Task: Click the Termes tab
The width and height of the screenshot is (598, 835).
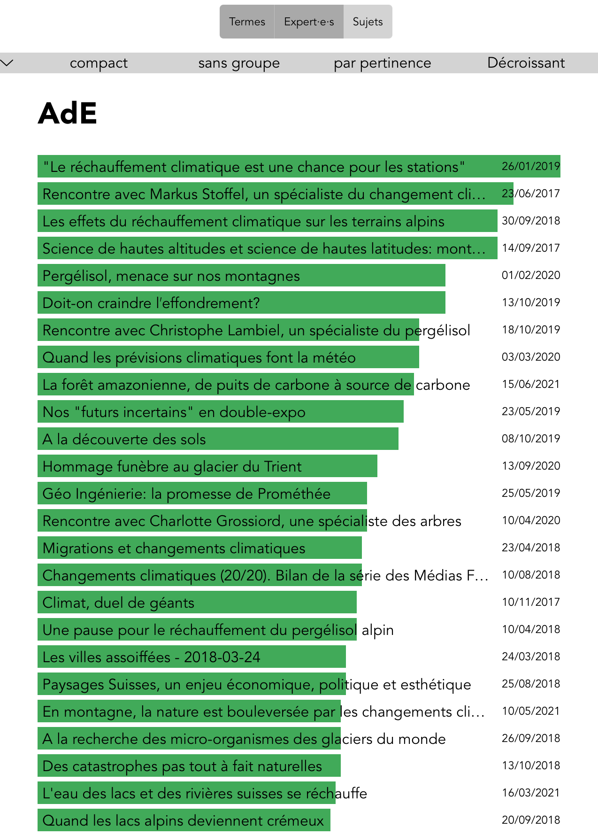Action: (x=247, y=22)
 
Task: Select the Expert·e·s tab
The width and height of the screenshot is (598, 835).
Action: (x=309, y=22)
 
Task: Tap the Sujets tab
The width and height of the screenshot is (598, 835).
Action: (x=368, y=22)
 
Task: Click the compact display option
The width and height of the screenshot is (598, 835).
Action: (x=99, y=63)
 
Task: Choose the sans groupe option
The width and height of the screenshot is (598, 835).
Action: (x=239, y=63)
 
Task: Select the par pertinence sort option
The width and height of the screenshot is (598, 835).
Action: (x=382, y=63)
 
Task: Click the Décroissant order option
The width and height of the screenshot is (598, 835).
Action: (x=526, y=63)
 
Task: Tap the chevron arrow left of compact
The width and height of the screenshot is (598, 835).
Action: (x=8, y=63)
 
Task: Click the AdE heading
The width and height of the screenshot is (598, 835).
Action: (x=68, y=113)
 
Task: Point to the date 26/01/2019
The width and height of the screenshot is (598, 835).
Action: (x=530, y=166)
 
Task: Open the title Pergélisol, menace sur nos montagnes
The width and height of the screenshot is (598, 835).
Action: (x=171, y=276)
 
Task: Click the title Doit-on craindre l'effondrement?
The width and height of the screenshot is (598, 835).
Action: (x=151, y=303)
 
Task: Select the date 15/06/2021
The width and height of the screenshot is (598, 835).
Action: (x=530, y=384)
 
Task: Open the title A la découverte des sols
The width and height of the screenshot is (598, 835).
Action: (x=124, y=439)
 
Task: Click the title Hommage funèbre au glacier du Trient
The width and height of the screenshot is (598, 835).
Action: (x=172, y=466)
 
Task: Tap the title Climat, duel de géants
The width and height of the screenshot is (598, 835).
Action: (x=118, y=603)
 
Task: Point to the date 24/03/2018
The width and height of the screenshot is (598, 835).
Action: (x=530, y=657)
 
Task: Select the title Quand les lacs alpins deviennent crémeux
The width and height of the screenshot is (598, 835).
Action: (x=183, y=820)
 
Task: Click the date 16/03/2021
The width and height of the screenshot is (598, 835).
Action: (x=530, y=793)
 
